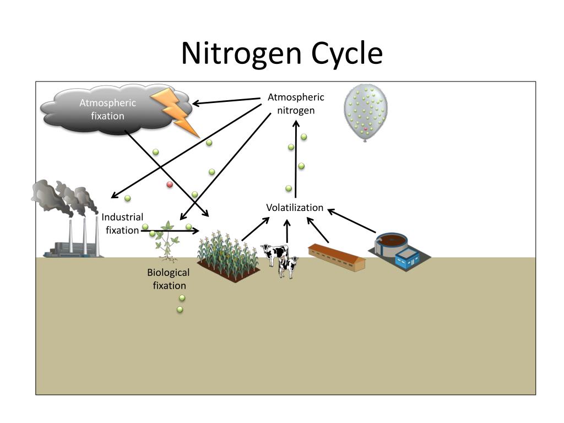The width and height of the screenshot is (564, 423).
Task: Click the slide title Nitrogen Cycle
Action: (x=281, y=53)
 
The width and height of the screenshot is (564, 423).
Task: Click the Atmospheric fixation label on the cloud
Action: (x=107, y=109)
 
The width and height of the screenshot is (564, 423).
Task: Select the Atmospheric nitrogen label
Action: (x=296, y=104)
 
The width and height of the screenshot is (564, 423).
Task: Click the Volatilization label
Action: (x=295, y=208)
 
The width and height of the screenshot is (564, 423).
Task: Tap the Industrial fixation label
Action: (x=122, y=224)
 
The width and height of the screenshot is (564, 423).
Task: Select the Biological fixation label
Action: (x=169, y=279)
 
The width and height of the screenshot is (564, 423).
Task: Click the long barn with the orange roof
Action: (x=337, y=257)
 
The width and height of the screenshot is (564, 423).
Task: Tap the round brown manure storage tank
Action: (x=392, y=242)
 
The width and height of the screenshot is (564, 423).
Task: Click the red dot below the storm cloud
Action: (x=170, y=185)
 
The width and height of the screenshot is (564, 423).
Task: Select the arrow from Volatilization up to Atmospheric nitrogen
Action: (x=296, y=160)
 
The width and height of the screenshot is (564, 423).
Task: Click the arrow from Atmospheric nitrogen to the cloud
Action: (x=226, y=101)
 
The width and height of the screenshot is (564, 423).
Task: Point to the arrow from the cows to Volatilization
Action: (x=287, y=231)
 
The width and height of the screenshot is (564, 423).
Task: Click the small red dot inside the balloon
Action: (x=365, y=129)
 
